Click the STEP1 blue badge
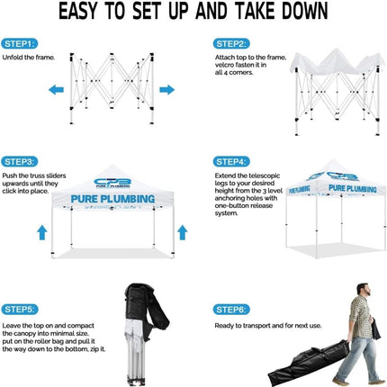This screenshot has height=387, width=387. click(20, 42)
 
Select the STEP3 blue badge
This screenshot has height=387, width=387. click(20, 161)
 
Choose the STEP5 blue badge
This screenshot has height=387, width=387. click(20, 309)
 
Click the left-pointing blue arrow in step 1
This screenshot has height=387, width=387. click(55, 89)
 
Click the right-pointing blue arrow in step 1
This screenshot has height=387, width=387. click(166, 89)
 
